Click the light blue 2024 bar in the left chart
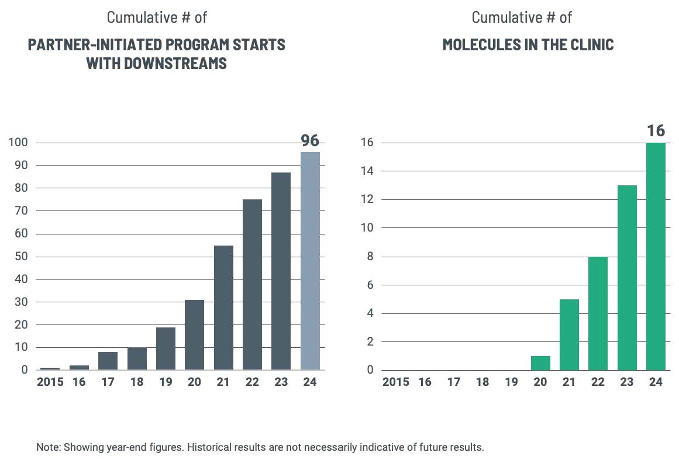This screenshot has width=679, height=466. (x=310, y=261)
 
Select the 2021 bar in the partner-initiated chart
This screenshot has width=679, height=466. (x=223, y=308)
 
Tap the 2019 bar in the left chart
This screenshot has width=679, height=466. (x=166, y=348)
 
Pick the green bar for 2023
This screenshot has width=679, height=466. (x=627, y=278)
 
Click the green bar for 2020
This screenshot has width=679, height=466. (x=540, y=363)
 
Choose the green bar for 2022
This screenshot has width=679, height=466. (x=598, y=313)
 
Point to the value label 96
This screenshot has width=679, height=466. (x=310, y=141)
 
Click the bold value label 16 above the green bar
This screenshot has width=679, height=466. (x=656, y=130)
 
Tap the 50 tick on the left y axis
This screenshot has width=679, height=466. (x=20, y=257)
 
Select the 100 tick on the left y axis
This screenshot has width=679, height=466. (x=18, y=143)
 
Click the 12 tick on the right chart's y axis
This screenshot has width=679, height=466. (x=366, y=200)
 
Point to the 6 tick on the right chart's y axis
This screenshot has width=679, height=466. (x=370, y=285)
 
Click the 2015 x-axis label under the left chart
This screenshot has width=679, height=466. (x=50, y=382)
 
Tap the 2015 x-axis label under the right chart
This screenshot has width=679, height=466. (x=396, y=382)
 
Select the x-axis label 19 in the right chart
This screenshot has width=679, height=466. (x=511, y=382)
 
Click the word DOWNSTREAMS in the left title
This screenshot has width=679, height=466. (x=175, y=63)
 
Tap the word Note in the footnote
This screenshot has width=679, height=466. (x=47, y=448)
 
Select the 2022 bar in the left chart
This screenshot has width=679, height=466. (x=252, y=285)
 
